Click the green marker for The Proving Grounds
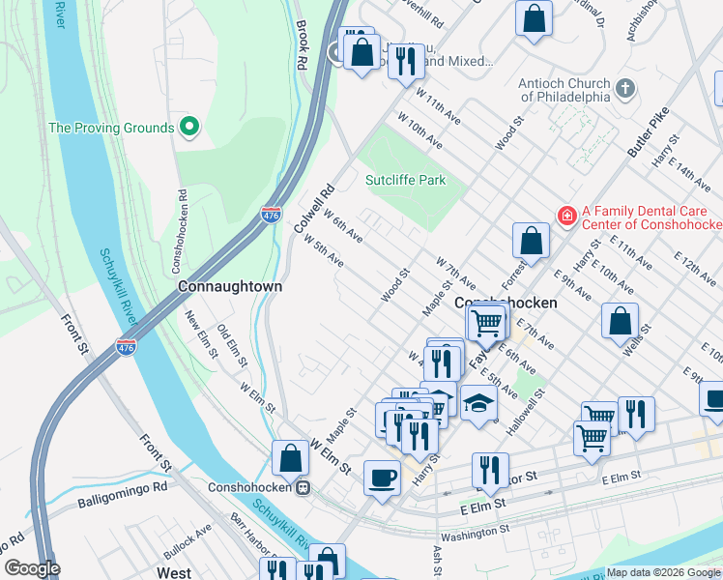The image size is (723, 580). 189,127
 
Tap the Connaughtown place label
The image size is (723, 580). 230,287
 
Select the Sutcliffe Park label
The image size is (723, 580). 405,180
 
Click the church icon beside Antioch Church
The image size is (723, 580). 625,89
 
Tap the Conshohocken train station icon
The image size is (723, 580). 303,488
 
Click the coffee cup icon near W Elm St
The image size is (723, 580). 382,477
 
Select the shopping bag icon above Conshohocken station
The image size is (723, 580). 290,458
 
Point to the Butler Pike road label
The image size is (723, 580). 649,131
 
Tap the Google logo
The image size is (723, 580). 32,568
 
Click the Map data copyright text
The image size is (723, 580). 663,572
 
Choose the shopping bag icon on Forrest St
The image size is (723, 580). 530,241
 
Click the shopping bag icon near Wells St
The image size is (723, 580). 620,320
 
